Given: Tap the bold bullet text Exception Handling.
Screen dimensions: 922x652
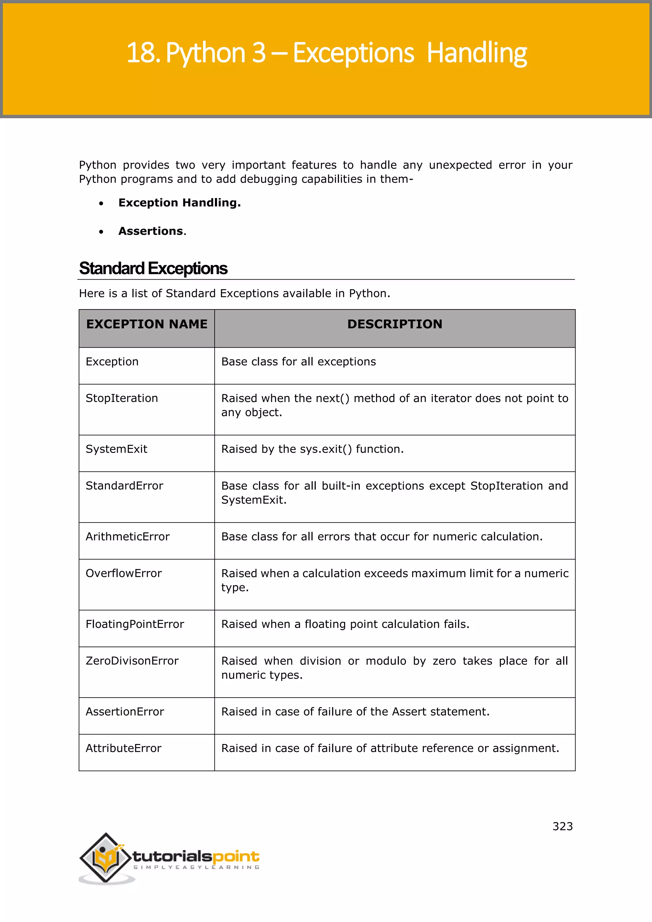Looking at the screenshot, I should (x=180, y=203).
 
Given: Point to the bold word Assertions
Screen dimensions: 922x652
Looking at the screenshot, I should (x=151, y=231).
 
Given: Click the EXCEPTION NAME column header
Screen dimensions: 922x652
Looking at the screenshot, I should (x=147, y=324).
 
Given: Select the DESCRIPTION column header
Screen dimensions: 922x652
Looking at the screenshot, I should (x=395, y=324).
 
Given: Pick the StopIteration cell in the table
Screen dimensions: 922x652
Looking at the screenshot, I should (x=122, y=398).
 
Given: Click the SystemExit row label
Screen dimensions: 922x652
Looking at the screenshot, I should (x=117, y=449).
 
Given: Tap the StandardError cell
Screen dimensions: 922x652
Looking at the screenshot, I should (x=124, y=486).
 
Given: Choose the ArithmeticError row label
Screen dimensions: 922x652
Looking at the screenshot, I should (x=128, y=536).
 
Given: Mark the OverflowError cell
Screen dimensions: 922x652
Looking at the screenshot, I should (x=124, y=573).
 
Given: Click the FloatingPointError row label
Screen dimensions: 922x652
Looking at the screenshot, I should (x=135, y=624).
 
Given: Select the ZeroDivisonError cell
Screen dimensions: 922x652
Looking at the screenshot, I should (x=132, y=661).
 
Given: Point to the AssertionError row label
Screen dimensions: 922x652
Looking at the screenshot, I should (x=125, y=712).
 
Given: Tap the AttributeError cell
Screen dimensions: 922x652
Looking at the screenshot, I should (x=124, y=748).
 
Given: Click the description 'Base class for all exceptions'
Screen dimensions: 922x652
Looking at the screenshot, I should (x=299, y=362).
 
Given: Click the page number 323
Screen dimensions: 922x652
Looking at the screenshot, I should (x=563, y=826).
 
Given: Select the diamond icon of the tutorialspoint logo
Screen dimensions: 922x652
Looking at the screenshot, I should (x=106, y=858).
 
